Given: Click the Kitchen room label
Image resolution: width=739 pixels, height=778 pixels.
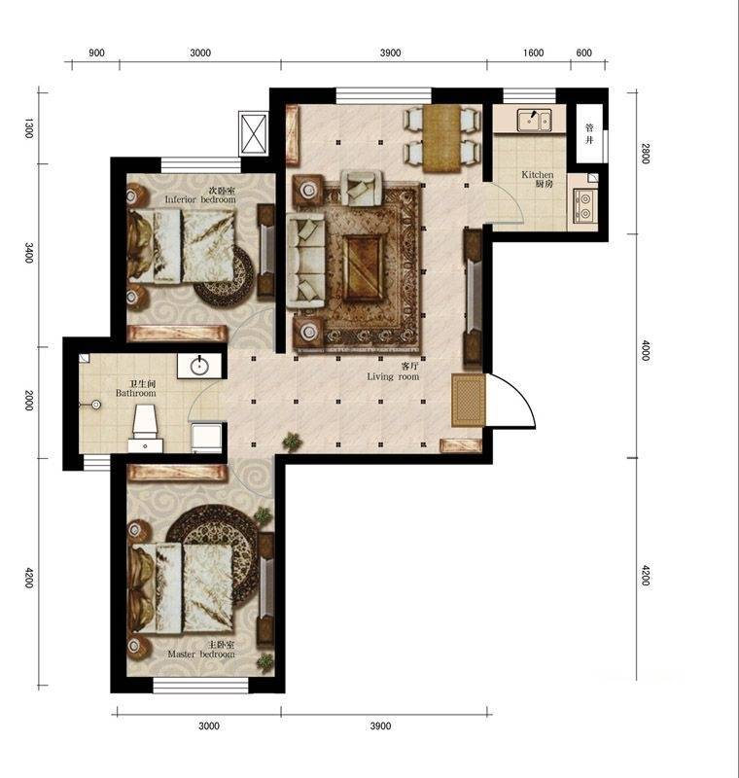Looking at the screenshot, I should [x=538, y=179].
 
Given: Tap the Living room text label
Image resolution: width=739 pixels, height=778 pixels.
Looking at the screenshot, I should [x=393, y=371].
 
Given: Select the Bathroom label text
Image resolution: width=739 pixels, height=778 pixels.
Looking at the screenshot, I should [x=135, y=389].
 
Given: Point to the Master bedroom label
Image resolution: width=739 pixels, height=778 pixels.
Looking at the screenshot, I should [x=201, y=650].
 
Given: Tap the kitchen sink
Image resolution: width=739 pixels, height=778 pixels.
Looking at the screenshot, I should [x=533, y=120].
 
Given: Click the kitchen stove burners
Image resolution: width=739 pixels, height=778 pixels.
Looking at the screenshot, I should [x=585, y=206].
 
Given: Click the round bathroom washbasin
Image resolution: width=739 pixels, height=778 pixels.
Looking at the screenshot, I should [x=200, y=366].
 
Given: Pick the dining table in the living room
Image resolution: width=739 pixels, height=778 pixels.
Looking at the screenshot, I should [x=442, y=135].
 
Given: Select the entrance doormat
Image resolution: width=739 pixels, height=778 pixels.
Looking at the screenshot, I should [x=468, y=400].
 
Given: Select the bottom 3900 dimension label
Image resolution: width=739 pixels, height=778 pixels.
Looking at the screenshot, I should [x=380, y=725].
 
